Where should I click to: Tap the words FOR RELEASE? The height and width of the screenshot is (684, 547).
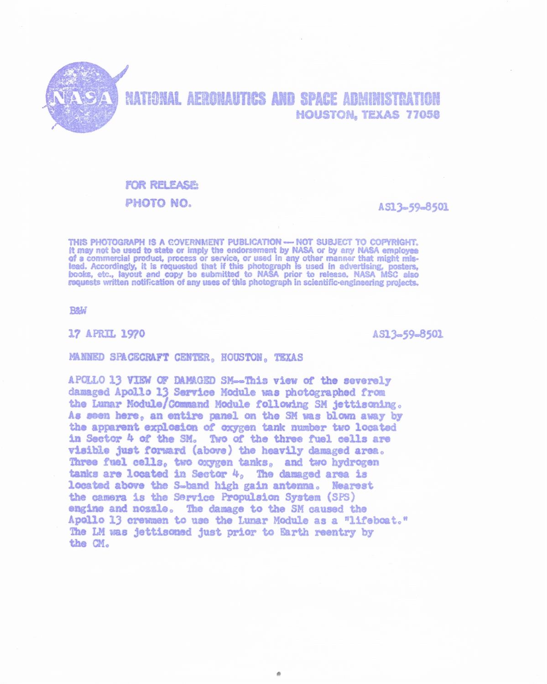coord(161,186)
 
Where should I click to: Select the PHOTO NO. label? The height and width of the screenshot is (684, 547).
coord(158,203)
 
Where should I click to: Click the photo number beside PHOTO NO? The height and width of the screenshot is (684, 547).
coord(413,207)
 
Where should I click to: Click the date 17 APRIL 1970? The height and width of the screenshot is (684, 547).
coord(106,334)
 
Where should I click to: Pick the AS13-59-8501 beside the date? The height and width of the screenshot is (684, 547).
coord(408,334)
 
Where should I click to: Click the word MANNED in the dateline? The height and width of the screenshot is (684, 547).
coord(86,358)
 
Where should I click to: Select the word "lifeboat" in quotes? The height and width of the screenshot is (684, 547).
coord(375,520)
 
